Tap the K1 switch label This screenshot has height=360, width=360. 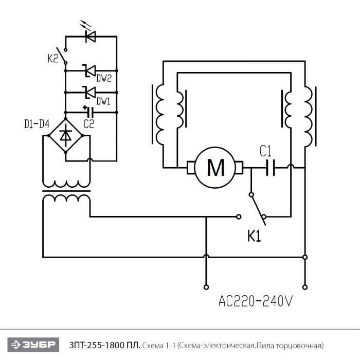tap(254, 236)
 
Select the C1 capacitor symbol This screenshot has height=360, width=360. tap(271, 168)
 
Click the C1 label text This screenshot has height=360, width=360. tap(265, 151)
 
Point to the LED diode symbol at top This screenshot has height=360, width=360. tap(90, 37)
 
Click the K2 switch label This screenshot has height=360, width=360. tap(52, 58)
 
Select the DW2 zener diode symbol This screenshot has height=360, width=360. tap(90, 70)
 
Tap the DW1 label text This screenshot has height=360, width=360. tap(103, 101)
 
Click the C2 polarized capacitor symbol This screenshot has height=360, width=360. tap(91, 112)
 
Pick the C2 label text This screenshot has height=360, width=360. tap(88, 124)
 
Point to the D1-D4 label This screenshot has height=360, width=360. tap(37, 124)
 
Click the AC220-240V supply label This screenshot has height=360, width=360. tap(256, 301)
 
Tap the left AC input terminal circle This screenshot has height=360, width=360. tap(206, 287)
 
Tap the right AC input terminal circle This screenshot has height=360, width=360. tap(305, 287)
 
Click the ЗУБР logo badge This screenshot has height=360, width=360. tap(33, 345)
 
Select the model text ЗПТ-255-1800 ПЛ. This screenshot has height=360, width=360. tap(104, 345)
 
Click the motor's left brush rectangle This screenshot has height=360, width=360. tap(191, 168)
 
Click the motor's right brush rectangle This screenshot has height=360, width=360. tap(239, 168)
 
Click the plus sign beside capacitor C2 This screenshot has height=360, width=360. tap(85, 107)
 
